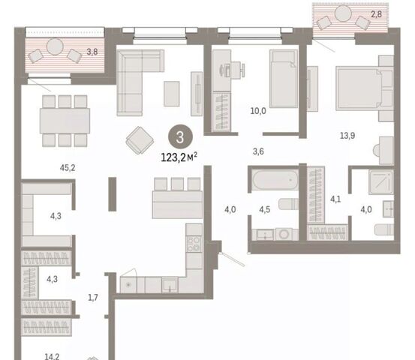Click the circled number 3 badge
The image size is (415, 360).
click(180, 137)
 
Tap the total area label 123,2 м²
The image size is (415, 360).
click(179, 157)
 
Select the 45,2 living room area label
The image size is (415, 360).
click(68, 168)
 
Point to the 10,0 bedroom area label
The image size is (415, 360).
click(258, 111)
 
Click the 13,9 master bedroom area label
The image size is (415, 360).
click(347, 136)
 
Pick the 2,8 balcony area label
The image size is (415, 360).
click(376, 14)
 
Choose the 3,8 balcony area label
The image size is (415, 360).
click(92, 52)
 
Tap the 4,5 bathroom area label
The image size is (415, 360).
click(265, 209)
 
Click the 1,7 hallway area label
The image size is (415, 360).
click(93, 298)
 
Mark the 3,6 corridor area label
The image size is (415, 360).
click(258, 151)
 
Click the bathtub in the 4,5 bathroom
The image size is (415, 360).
click(275, 180)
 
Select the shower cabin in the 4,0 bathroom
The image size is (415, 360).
click(381, 182)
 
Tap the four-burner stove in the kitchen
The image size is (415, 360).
click(194, 244)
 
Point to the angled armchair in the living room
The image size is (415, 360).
click(140, 140)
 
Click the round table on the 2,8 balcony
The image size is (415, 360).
click(343, 13)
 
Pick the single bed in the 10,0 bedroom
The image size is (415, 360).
click(284, 79)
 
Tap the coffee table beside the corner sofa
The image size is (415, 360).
click(172, 94)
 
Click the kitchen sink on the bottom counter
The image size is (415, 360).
click(170, 285)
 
